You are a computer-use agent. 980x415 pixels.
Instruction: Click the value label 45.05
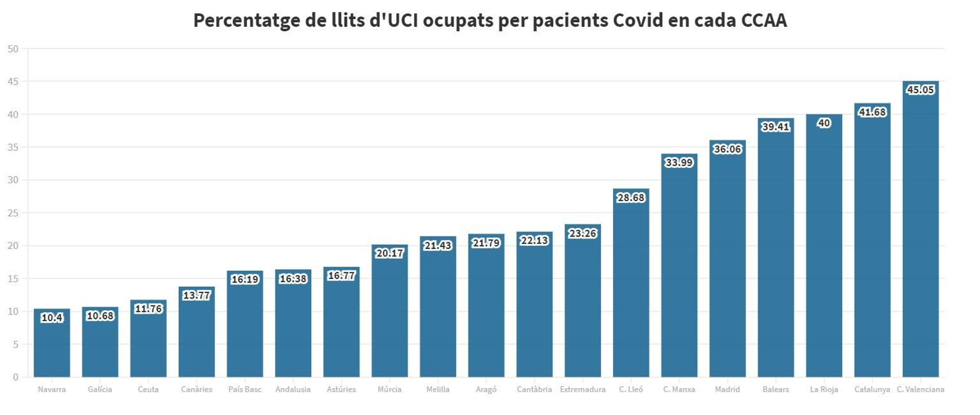(x=920, y=89)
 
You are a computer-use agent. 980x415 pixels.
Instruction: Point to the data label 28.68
(x=631, y=197)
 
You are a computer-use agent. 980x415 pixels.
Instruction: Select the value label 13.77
(x=197, y=295)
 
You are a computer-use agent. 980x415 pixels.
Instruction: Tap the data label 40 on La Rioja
(x=824, y=123)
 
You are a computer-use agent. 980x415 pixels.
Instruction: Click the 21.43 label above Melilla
(x=438, y=245)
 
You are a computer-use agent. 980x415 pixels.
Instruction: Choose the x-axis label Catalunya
(x=872, y=389)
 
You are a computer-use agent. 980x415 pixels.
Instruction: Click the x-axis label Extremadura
(x=582, y=389)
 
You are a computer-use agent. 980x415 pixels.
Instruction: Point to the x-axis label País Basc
(x=244, y=389)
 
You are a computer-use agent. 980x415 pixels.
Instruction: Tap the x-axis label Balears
(x=775, y=389)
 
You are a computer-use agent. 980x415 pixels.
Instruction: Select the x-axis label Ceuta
(x=148, y=389)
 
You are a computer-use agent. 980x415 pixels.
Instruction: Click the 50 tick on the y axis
(x=13, y=49)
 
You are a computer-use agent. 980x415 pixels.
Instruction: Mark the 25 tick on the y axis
(x=13, y=213)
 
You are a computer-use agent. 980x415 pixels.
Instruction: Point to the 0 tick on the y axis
(x=15, y=377)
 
